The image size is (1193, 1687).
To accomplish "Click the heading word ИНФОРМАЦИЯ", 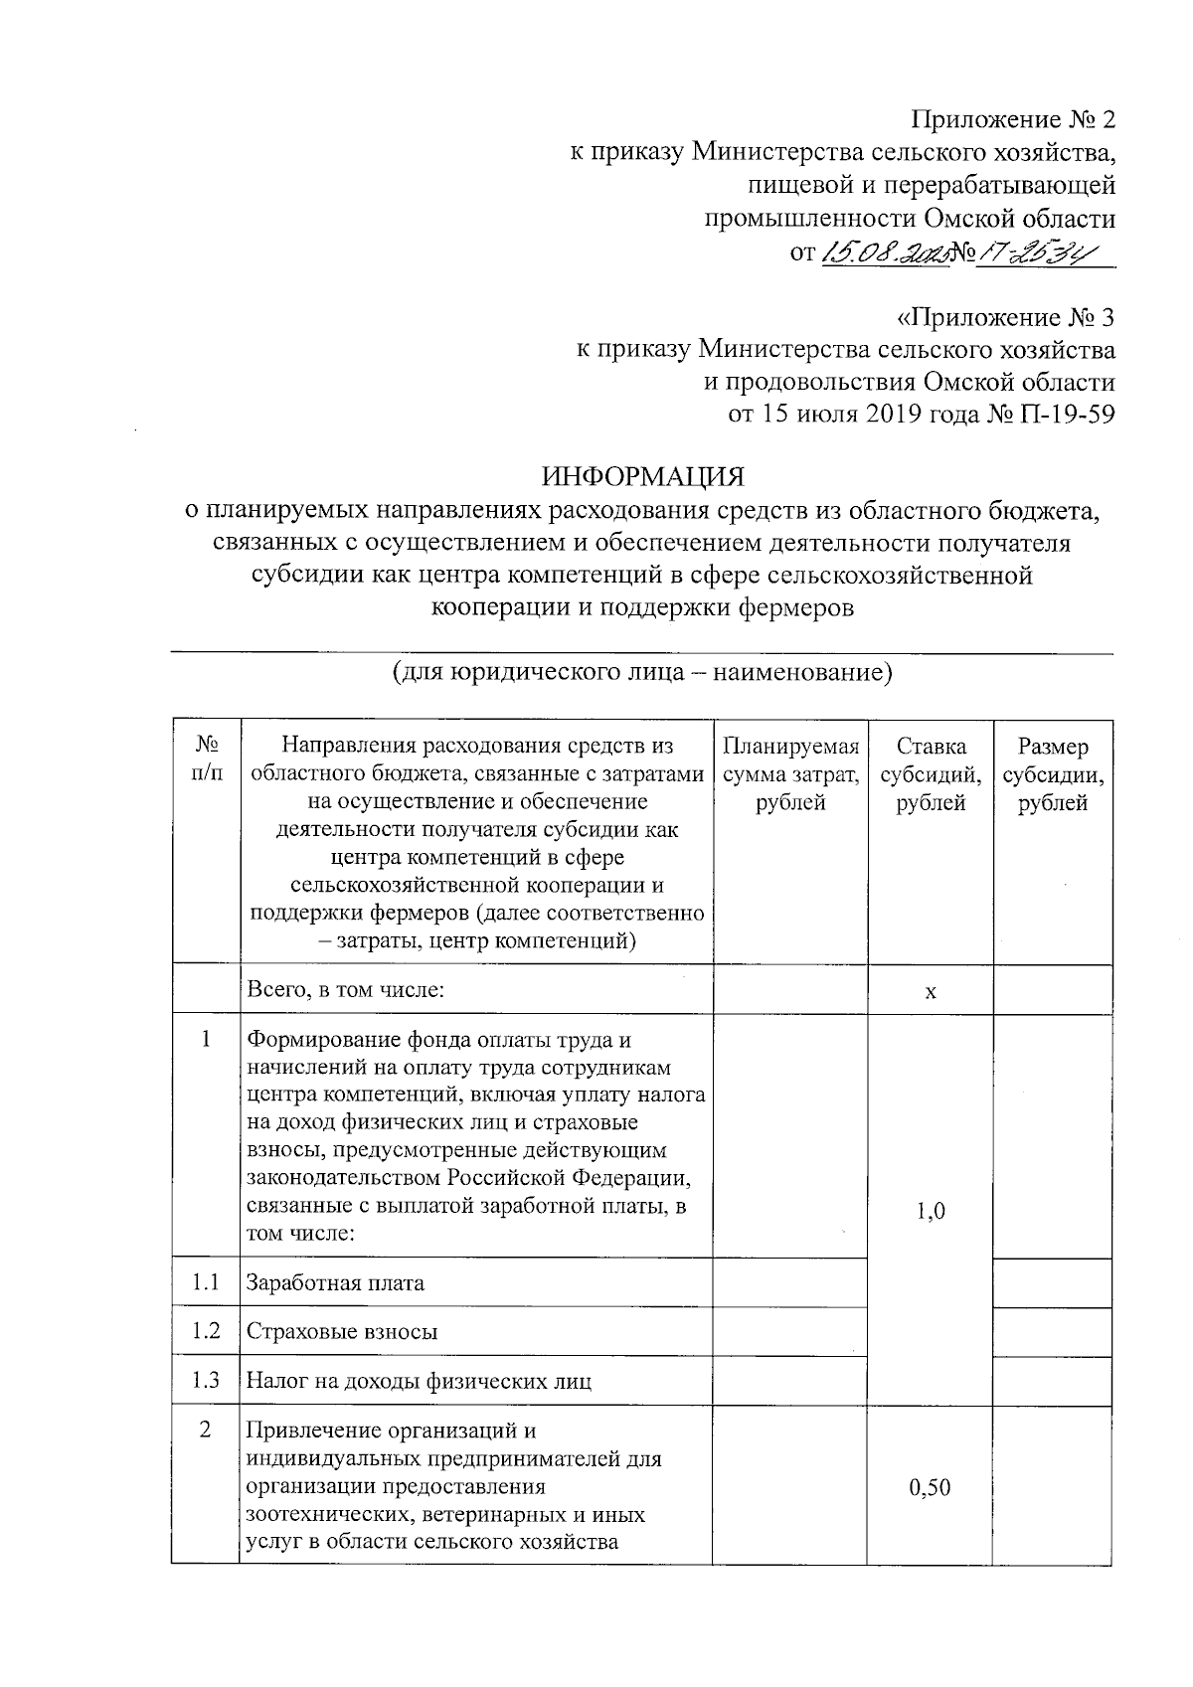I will [642, 476].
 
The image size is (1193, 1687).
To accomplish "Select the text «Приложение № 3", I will [1005, 318].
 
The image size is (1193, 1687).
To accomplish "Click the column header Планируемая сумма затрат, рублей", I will [790, 774].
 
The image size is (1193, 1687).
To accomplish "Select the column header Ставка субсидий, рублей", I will [931, 774].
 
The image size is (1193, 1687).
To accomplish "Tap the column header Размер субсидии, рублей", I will [1053, 774].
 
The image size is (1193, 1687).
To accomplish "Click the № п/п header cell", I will [206, 758].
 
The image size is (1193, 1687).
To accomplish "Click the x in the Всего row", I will [931, 991].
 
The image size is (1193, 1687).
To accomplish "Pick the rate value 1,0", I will [931, 1210].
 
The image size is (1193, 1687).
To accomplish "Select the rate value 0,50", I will [931, 1487].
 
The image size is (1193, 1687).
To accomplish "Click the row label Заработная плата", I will [335, 1282].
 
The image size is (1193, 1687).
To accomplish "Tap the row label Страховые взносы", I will [341, 1331].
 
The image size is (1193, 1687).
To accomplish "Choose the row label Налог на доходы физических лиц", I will [419, 1381].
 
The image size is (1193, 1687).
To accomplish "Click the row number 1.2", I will [206, 1330].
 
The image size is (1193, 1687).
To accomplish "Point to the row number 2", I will [206, 1431].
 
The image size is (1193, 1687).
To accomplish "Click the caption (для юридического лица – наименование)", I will [642, 673].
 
